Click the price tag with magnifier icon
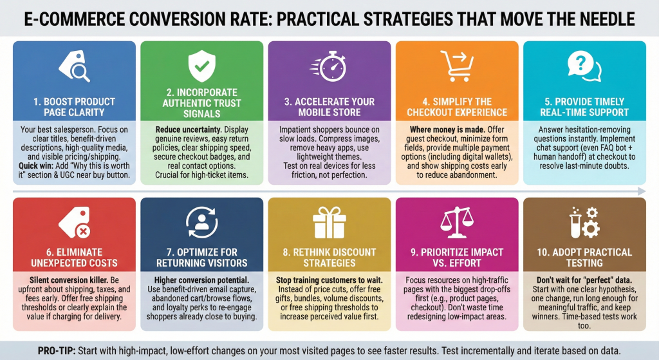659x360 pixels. (x=74, y=66)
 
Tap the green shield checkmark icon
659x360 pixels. (x=201, y=66)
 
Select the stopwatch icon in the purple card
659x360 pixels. (x=329, y=66)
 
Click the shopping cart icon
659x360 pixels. (x=457, y=66)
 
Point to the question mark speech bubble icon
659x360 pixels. (x=584, y=66)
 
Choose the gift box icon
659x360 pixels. (x=329, y=222)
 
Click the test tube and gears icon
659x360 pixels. (x=584, y=222)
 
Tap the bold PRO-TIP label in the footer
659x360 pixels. (x=57, y=351)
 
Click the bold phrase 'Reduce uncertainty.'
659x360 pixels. (x=188, y=129)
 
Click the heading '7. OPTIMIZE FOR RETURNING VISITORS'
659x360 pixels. (x=201, y=258)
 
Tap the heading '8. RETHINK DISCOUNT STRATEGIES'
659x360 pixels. (x=329, y=258)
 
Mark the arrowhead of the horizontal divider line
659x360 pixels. (x=642, y=191)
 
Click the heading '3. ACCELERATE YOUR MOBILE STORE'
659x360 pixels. (x=329, y=107)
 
